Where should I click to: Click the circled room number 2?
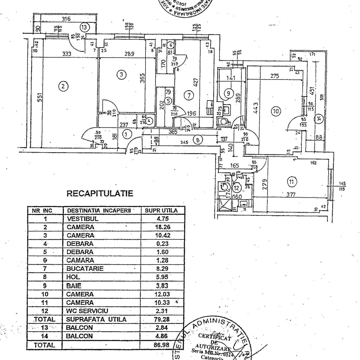tap(63, 87)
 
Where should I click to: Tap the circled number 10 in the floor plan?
tap(276, 112)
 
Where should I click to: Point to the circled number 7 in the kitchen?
tap(189, 96)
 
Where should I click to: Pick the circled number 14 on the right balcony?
tap(319, 119)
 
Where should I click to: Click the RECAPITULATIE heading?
tap(100, 193)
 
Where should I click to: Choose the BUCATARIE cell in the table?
tap(85, 269)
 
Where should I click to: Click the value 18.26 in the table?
tap(161, 227)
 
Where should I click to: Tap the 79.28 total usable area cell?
tap(161, 319)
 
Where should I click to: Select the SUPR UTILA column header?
tap(161, 211)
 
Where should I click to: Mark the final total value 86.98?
tap(161, 345)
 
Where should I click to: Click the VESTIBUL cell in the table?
tap(82, 219)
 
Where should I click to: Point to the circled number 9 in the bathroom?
tap(229, 93)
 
